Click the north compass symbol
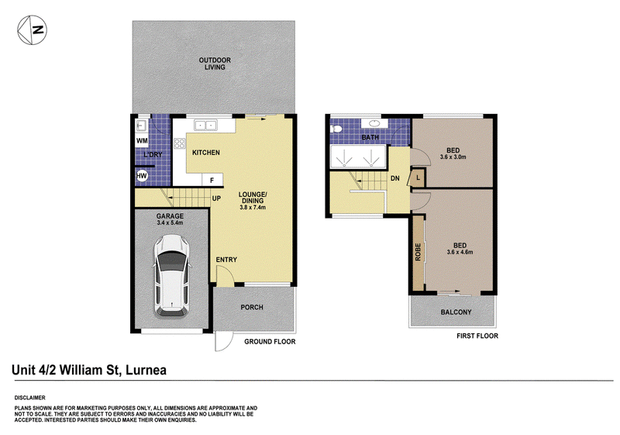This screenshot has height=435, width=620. coord(32,30)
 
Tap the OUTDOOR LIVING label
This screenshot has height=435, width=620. coord(215,64)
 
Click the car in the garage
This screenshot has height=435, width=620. coord(172,276)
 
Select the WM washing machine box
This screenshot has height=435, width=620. coord(142,141)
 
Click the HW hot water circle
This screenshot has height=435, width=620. coord(142,176)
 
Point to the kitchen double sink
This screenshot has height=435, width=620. coord(205,126)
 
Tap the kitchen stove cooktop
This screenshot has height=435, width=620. coord(180,143)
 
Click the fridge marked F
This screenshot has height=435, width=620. coord(212,180)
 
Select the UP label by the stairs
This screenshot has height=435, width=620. coord(216,199)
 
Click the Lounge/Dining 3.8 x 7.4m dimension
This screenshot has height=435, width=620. coord(253,207)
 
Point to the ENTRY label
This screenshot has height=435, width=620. coord(226,260)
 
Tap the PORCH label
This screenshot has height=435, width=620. coord(252,307)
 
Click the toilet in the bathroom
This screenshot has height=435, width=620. coord(336,129)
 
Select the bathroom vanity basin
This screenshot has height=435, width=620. coord(374,123)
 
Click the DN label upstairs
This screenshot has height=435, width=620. coord(395,178)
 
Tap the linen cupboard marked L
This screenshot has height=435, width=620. coord(417,178)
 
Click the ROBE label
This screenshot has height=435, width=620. coord(418,252)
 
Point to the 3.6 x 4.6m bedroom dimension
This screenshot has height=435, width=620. coord(460,252)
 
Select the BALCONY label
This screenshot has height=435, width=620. coord(456,312)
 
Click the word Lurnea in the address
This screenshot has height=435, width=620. coord(146,370)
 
